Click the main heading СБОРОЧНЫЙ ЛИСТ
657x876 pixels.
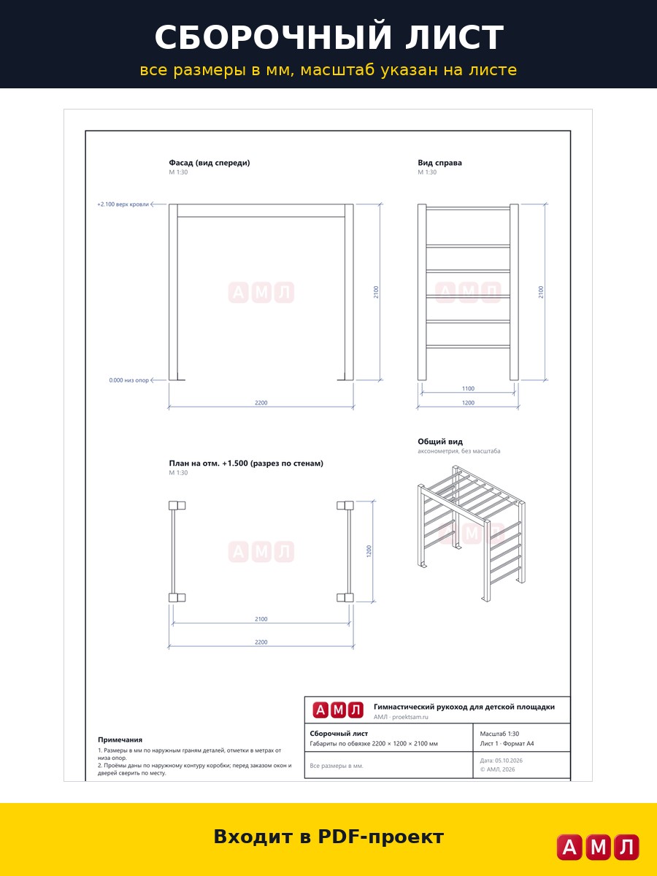tap(328, 37)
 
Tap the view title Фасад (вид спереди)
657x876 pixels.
tap(210, 163)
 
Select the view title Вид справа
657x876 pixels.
tap(439, 163)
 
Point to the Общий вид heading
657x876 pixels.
tap(440, 442)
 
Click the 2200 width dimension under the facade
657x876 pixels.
tap(261, 403)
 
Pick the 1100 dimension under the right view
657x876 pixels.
tap(468, 388)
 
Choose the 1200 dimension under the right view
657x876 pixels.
tap(468, 403)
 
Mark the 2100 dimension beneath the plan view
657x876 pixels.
tap(261, 619)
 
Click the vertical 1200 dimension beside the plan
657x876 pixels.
tap(369, 551)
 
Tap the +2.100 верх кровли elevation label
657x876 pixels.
tap(123, 204)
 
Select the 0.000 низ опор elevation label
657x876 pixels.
tap(129, 380)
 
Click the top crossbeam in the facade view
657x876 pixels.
tap(261, 211)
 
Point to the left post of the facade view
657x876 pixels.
tap(173, 292)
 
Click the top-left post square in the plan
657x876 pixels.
tap(177, 506)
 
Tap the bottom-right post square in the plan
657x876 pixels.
tap(345, 597)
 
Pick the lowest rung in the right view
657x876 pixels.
tap(468, 347)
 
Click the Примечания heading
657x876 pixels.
tap(120, 739)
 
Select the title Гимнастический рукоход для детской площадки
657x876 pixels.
tap(464, 707)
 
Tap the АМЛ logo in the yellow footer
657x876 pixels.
tap(598, 847)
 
